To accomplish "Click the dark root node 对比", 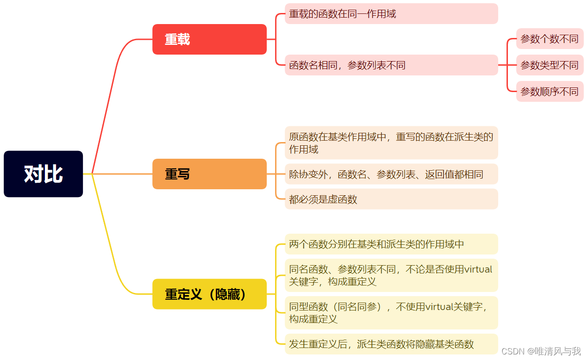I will click(43, 174).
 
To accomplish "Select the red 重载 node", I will click(209, 39).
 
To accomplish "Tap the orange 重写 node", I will click(209, 174).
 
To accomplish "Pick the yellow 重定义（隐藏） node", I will click(209, 294).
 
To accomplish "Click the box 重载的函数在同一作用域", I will click(391, 14).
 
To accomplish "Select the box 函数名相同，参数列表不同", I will click(391, 65).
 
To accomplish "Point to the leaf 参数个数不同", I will click(550, 39).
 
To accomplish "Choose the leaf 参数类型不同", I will click(550, 65).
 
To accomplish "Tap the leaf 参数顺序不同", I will click(550, 92).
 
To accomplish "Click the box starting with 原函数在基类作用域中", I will click(391, 143).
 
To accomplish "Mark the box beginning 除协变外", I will click(391, 174).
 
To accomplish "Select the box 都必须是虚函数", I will click(391, 199).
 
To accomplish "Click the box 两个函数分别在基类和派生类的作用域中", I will click(391, 244).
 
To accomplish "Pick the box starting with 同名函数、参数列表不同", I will click(391, 275).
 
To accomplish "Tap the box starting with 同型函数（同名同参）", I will click(391, 312).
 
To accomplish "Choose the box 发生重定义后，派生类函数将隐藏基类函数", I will click(391, 344).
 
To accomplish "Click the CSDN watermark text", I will click(541, 351).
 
